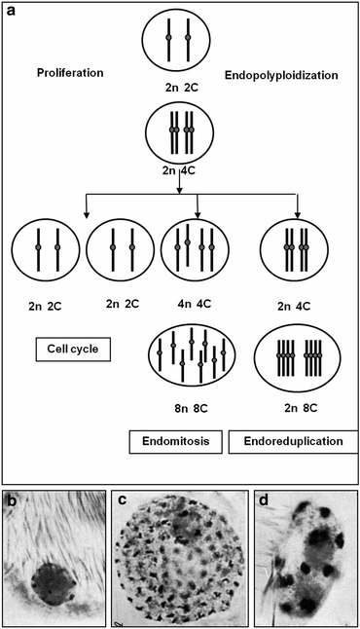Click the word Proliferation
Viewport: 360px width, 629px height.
tap(70, 73)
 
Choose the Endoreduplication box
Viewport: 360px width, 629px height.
tap(289, 442)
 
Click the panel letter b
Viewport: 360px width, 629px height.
tap(12, 502)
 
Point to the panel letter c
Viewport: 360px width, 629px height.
tap(124, 502)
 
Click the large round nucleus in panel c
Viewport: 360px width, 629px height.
tap(178, 561)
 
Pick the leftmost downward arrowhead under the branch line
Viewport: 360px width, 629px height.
tap(87, 213)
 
